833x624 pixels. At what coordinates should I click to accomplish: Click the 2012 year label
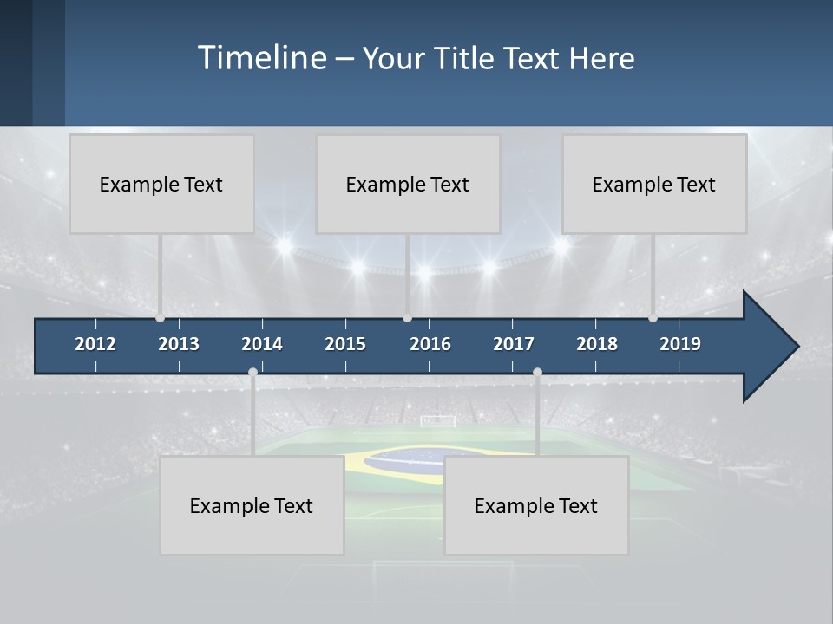click(x=95, y=344)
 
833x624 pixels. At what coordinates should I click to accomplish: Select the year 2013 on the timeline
click(x=179, y=344)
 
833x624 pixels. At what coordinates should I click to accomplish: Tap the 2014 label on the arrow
click(x=262, y=344)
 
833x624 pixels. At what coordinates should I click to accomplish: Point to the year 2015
click(x=345, y=344)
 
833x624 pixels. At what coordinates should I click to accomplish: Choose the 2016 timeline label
click(x=430, y=344)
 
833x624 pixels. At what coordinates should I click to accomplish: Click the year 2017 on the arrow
click(x=514, y=344)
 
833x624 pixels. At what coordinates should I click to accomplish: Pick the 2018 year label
click(x=597, y=344)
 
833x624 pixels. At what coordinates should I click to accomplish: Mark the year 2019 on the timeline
click(x=680, y=344)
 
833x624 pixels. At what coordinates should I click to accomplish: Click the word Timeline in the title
click(x=261, y=58)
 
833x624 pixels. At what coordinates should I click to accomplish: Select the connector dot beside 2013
click(x=160, y=317)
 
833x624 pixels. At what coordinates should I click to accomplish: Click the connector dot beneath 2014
click(x=253, y=373)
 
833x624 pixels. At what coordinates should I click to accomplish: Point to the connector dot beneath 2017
click(x=537, y=373)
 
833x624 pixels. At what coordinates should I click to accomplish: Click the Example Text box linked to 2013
click(x=161, y=184)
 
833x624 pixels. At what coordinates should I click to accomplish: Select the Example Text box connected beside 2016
click(x=408, y=184)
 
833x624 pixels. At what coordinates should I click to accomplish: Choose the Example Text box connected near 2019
click(x=654, y=184)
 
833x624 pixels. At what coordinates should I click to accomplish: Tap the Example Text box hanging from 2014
click(x=252, y=505)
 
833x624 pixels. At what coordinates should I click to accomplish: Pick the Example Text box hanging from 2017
click(x=536, y=505)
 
